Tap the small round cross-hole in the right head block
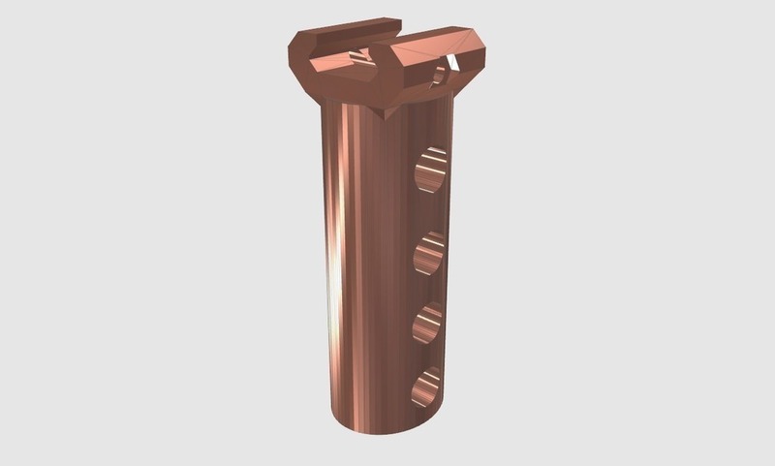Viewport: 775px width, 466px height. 445,71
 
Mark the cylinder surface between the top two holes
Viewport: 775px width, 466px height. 426,213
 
